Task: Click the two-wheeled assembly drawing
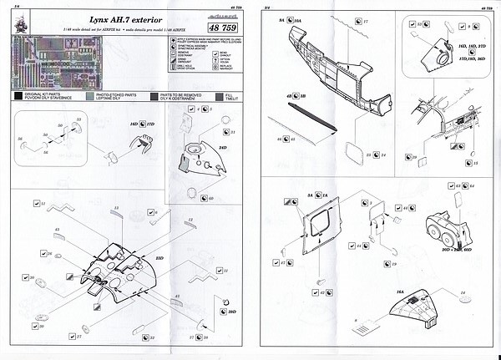pyautogui.click(x=448, y=225)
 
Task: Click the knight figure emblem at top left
pyautogui.click(x=16, y=51)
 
